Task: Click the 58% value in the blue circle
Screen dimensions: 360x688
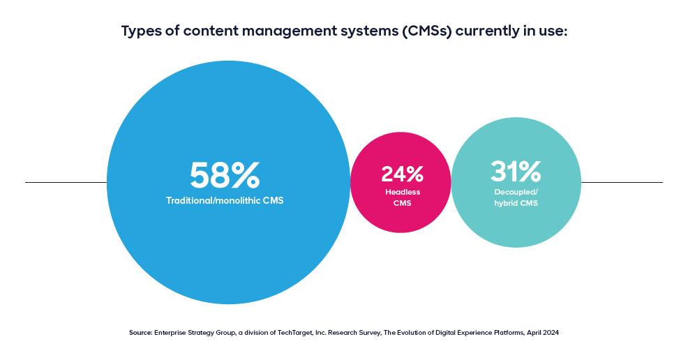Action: [x=225, y=176]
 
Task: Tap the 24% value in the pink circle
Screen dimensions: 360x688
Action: [x=402, y=174]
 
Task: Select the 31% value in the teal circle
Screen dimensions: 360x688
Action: [x=516, y=171]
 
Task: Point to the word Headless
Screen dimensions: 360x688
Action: [x=402, y=192]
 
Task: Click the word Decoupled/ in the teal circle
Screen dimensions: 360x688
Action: [x=516, y=192]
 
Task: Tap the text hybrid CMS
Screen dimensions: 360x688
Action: [x=516, y=203]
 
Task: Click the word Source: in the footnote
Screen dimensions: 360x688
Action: [x=142, y=333]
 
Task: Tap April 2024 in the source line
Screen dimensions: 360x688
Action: [x=541, y=333]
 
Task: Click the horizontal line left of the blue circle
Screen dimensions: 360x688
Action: [x=66, y=183]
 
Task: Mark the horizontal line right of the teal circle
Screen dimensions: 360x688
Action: [x=621, y=183]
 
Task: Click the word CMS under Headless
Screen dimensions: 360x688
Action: [x=402, y=203]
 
